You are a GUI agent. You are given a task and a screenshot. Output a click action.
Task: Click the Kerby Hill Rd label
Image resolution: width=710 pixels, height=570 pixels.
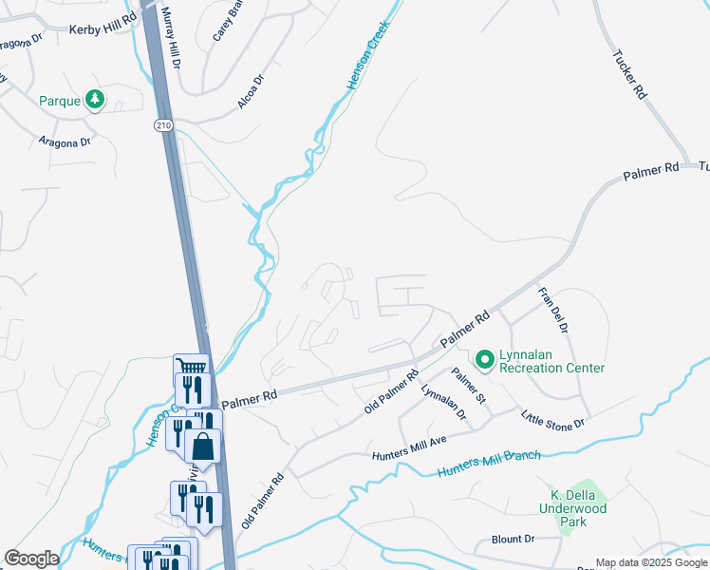[103, 29]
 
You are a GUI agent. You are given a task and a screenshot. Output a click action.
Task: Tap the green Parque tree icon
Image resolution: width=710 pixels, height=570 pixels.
[95, 99]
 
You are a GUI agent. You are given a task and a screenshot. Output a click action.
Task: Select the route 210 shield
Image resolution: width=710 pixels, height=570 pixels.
[162, 124]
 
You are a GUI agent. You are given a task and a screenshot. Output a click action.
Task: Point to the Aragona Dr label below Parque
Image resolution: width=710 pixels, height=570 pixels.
[64, 141]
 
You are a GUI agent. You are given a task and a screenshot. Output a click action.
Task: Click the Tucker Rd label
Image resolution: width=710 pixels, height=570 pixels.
[629, 75]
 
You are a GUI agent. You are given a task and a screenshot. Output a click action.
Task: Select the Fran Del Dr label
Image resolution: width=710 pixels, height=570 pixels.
[552, 310]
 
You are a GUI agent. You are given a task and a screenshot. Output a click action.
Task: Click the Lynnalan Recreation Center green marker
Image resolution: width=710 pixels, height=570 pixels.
[485, 359]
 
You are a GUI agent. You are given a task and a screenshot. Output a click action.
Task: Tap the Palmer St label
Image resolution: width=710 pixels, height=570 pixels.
[468, 385]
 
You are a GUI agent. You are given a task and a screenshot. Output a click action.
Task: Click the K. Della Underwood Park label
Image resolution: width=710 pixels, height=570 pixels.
[578, 508]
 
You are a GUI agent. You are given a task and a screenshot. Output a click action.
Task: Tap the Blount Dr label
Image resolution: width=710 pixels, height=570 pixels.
[514, 539]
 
